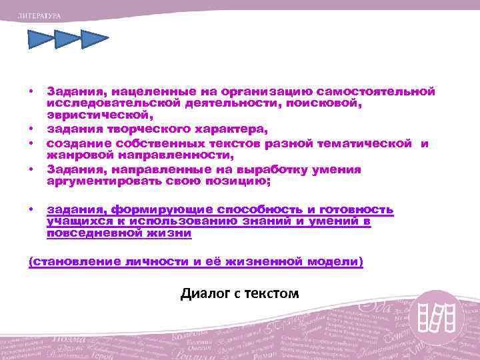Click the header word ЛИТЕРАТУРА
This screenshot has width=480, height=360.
[x=39, y=14]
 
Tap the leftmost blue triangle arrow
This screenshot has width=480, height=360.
[x=40, y=41]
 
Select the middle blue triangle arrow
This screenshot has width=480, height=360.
[x=67, y=41]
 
